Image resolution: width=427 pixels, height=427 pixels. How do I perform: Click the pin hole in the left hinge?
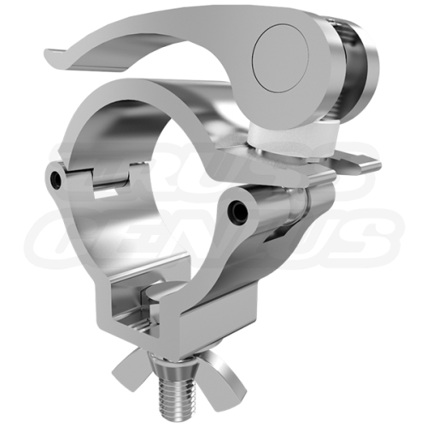point(57,180)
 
